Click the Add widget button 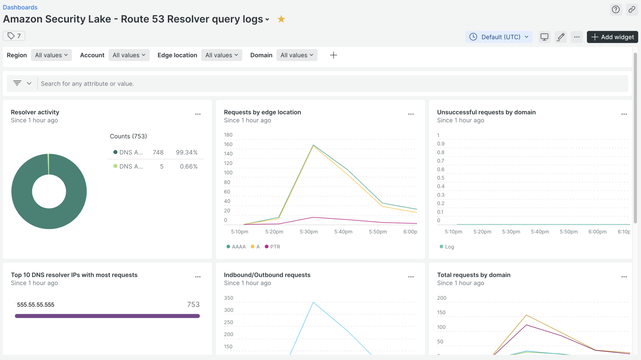click(612, 37)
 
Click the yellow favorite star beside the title click(281, 19)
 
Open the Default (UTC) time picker click(499, 37)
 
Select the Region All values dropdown click(51, 55)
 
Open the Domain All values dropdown click(296, 55)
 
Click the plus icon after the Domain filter click(333, 55)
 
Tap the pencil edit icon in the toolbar click(561, 37)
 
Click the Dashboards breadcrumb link click(20, 7)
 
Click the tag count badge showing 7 click(14, 36)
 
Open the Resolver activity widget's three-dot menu click(198, 114)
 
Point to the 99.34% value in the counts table click(187, 152)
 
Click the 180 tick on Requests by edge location click(228, 135)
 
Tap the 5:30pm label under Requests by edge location click(308, 232)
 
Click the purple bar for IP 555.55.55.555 click(107, 316)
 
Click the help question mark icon click(616, 9)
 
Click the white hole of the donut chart click(49, 192)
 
